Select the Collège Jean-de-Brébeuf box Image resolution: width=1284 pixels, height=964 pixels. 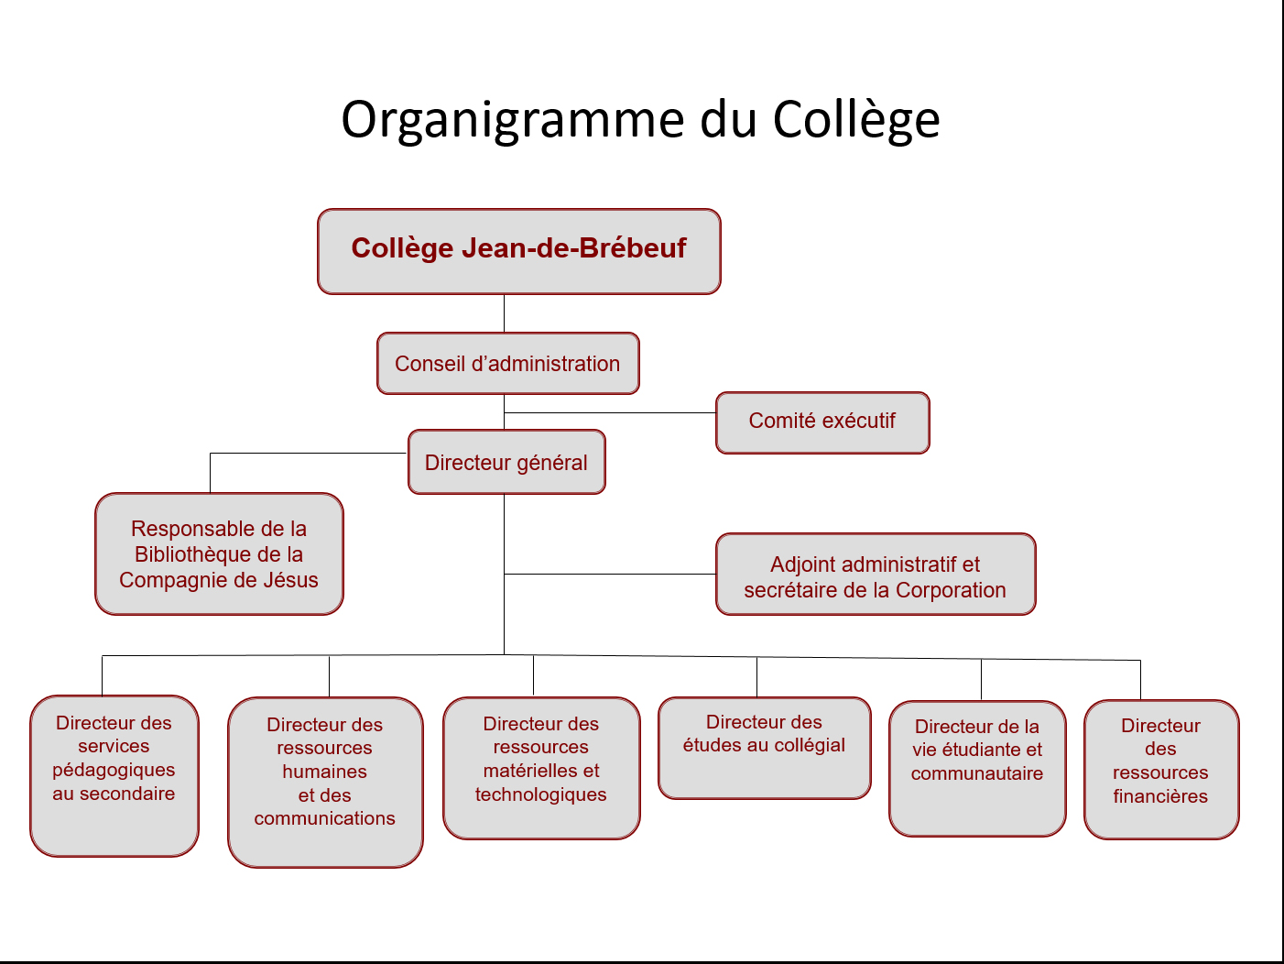(519, 251)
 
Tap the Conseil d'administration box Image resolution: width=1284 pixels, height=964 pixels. (507, 364)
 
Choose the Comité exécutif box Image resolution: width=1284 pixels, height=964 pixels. (822, 422)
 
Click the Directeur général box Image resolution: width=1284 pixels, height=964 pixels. (506, 462)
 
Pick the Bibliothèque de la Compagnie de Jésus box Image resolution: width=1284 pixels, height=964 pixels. (219, 553)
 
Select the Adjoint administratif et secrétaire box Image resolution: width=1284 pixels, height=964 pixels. (876, 574)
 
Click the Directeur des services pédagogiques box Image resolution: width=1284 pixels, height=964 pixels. (114, 775)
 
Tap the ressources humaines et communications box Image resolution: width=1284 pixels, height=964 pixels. (325, 782)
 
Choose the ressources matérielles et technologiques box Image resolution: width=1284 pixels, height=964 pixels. (541, 768)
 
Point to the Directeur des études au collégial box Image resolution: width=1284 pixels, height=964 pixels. (764, 748)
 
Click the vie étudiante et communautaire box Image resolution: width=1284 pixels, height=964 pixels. (977, 768)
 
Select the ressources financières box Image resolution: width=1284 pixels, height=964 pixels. (1161, 769)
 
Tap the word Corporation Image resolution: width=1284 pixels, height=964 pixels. (951, 590)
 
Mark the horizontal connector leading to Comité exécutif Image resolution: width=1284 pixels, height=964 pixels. (610, 412)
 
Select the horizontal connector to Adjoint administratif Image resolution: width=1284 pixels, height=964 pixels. (610, 574)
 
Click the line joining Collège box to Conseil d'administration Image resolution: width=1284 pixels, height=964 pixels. (505, 313)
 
